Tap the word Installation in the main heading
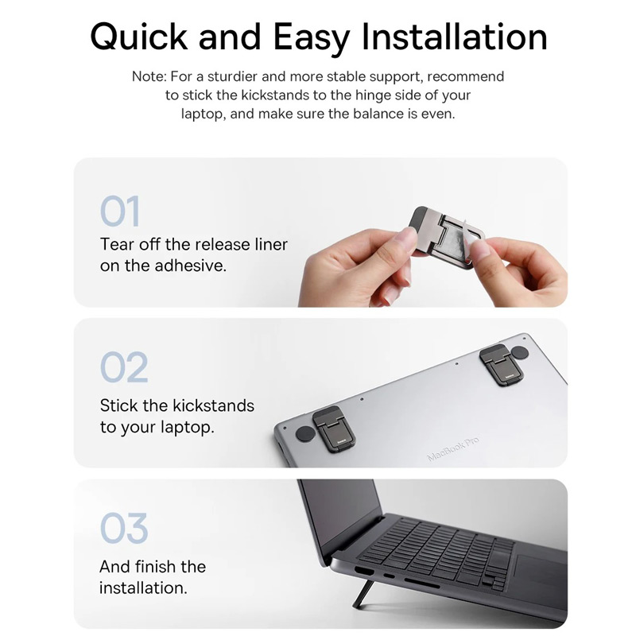[x=454, y=36]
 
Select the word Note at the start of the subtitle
[x=149, y=76]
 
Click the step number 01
[x=120, y=211]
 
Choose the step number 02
[x=124, y=367]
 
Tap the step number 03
[x=124, y=528]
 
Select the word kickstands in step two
[x=213, y=405]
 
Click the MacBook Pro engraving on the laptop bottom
[x=453, y=448]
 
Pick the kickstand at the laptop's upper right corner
[x=502, y=365]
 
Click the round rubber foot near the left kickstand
[x=305, y=434]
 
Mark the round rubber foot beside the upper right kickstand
[x=520, y=352]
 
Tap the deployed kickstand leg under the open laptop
[x=363, y=594]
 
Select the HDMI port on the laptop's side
[x=364, y=571]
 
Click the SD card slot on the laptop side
[x=421, y=584]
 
